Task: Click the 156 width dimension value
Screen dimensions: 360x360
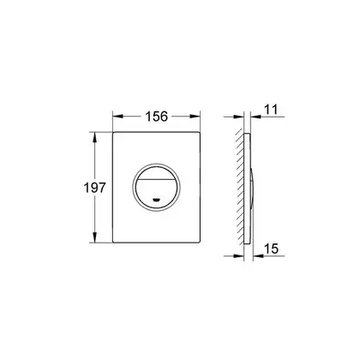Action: coord(156,117)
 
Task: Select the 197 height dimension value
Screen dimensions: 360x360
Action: coord(94,188)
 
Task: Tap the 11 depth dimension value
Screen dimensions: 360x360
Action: coord(271,110)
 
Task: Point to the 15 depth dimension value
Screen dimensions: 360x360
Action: coord(271,249)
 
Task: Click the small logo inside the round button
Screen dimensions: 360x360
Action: coord(156,200)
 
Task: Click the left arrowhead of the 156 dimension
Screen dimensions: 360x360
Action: coord(117,117)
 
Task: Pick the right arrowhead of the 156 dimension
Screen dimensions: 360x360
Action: coord(195,117)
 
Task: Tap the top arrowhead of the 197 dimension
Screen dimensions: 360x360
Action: coord(95,137)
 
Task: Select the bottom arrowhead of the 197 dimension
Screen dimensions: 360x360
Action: coord(95,237)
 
